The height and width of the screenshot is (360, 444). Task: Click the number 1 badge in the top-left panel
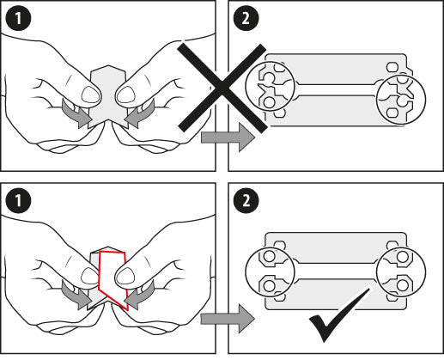(x=18, y=19)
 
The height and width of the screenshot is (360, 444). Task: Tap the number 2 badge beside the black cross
(x=246, y=19)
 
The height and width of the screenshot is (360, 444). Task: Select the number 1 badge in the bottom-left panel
(x=18, y=200)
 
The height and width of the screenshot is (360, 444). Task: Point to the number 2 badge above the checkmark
(x=246, y=200)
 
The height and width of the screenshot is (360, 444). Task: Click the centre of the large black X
(x=222, y=88)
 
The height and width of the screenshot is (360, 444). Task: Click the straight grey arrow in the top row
(x=228, y=137)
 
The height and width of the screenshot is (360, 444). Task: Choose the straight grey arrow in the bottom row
(x=228, y=319)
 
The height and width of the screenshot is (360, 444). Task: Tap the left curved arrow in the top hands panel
(x=75, y=113)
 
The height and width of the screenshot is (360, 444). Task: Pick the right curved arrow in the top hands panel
(x=140, y=113)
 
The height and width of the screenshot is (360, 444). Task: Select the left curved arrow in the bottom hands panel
(x=75, y=295)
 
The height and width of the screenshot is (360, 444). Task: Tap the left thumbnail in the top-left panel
(x=90, y=95)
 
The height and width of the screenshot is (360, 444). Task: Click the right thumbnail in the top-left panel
(x=125, y=95)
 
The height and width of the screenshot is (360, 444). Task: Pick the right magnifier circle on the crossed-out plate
(x=401, y=99)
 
